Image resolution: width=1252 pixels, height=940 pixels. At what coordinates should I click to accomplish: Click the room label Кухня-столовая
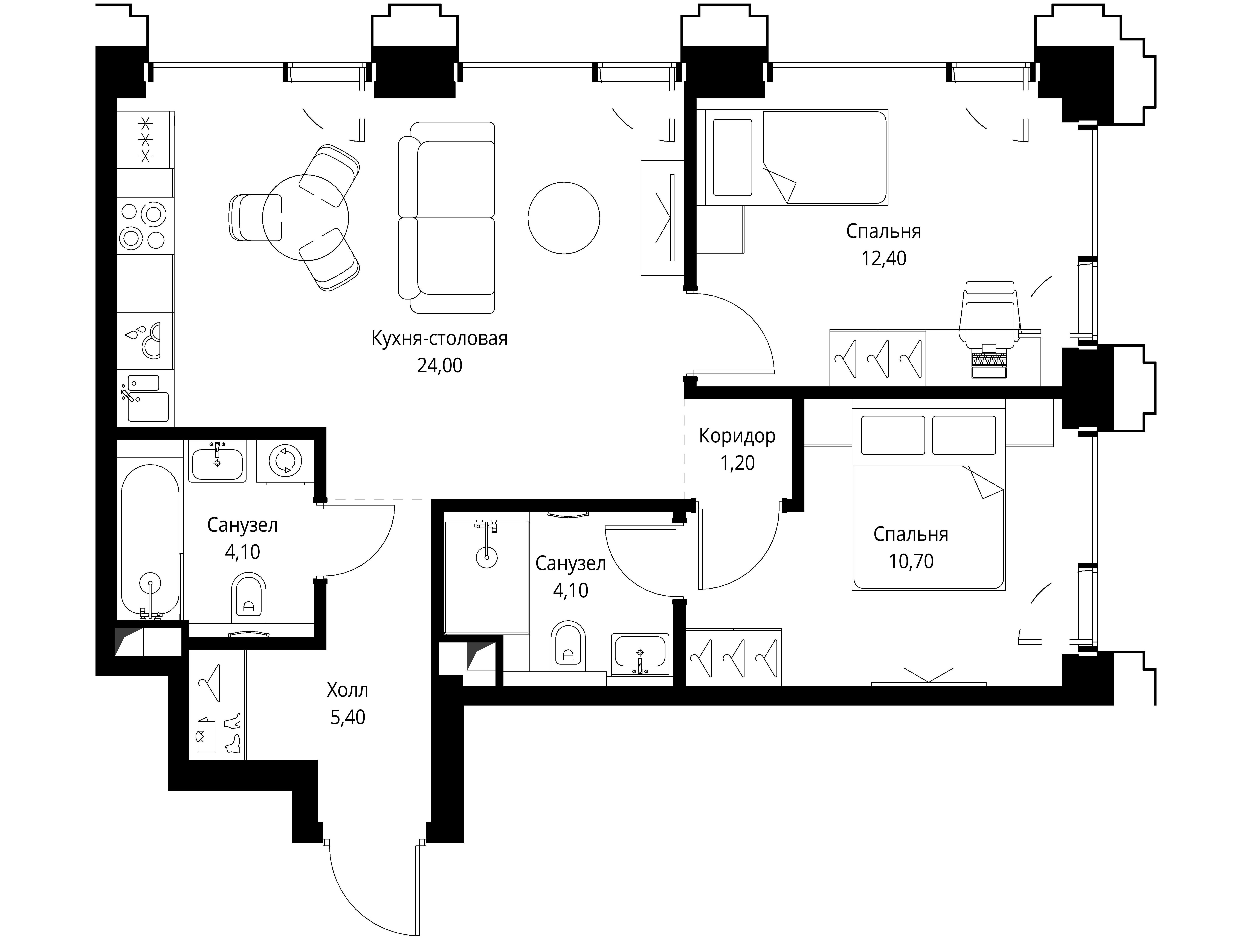pos(439,339)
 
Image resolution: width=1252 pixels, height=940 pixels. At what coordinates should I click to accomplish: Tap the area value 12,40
pos(883,258)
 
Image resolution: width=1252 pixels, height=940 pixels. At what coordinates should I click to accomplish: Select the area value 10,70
pos(911,562)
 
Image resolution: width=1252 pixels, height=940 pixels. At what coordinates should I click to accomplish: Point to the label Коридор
pos(737,436)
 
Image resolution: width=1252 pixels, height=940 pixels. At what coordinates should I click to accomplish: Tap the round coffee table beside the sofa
pos(564,218)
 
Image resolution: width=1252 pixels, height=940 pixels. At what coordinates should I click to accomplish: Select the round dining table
pos(306,218)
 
